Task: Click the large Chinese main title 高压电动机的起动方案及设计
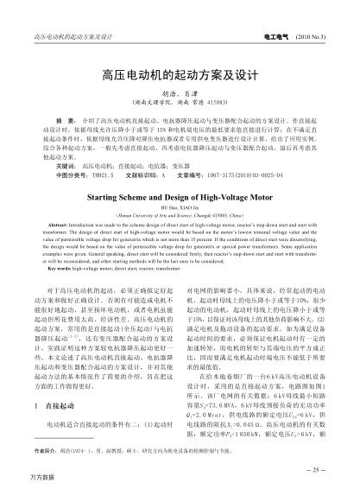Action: click(180, 75)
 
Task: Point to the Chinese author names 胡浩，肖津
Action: click(180, 95)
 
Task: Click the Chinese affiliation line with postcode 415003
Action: click(180, 105)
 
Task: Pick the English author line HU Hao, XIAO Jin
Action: click(180, 208)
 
